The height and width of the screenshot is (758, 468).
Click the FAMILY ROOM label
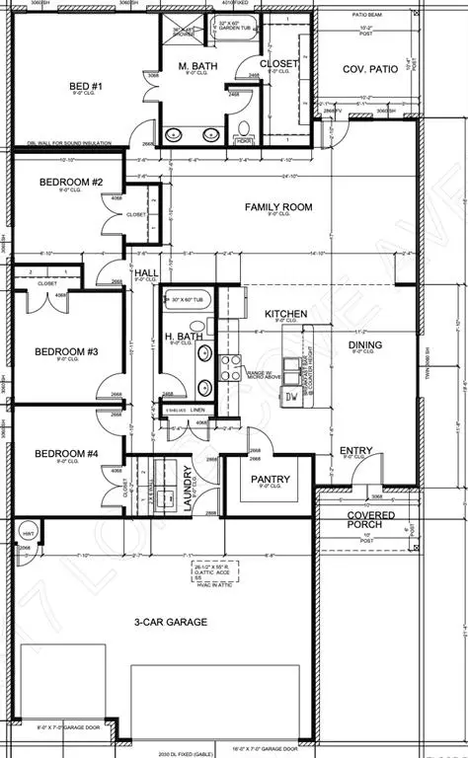coord(278,207)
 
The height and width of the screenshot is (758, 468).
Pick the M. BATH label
coord(197,66)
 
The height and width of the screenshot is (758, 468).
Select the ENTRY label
coord(355,451)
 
